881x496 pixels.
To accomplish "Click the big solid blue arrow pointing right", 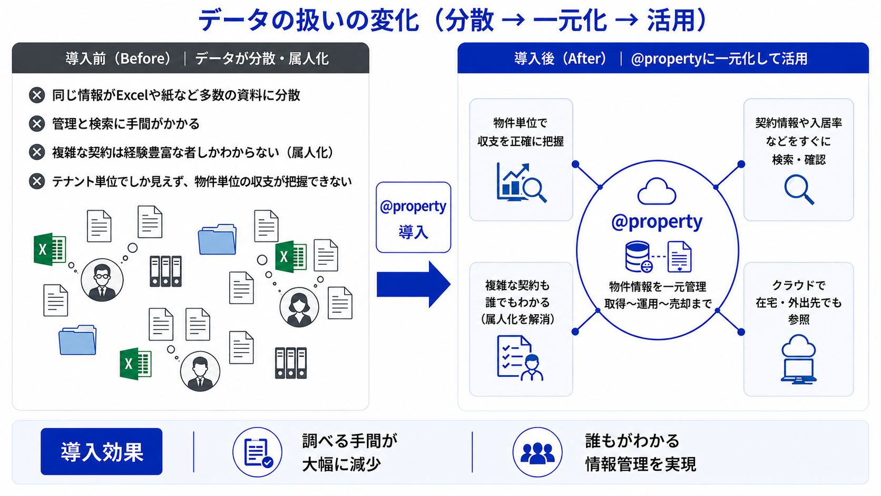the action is (x=414, y=285).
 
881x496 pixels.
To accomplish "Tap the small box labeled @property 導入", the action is (x=413, y=217).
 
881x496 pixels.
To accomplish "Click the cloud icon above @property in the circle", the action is (x=657, y=191).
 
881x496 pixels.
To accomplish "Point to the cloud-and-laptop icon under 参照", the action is (x=798, y=359).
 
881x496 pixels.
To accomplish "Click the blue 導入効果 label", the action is (x=102, y=452).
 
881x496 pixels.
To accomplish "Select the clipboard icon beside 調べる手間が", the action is (x=257, y=452).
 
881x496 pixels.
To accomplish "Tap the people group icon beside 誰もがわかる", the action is (x=537, y=452).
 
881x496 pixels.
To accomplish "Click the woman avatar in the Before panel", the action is (x=299, y=307).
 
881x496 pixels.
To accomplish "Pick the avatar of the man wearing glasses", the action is (x=102, y=280).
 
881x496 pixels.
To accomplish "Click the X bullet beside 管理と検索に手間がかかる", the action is (x=37, y=123).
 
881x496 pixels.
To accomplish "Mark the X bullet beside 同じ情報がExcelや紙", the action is (x=37, y=95).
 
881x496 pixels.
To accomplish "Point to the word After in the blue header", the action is (x=584, y=59).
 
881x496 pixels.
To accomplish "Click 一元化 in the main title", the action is (x=570, y=21).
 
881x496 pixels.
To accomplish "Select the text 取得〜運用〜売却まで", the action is (x=658, y=304).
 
